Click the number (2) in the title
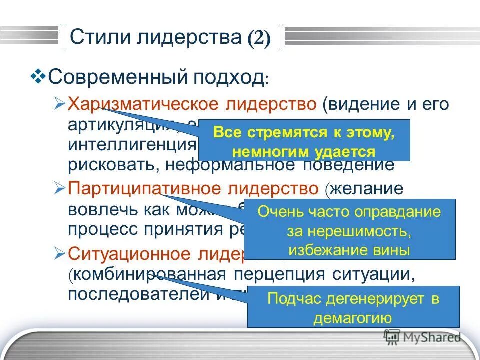258,38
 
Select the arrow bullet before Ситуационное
59,253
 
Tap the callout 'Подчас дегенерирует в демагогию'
353,307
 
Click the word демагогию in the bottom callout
353,318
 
